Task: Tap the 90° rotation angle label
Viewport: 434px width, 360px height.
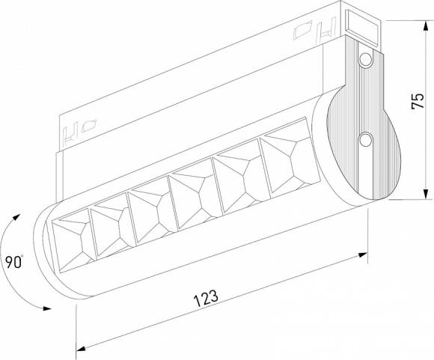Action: click(13, 263)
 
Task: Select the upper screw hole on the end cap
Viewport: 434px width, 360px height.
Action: click(364, 59)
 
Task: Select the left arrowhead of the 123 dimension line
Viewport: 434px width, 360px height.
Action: click(82, 347)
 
